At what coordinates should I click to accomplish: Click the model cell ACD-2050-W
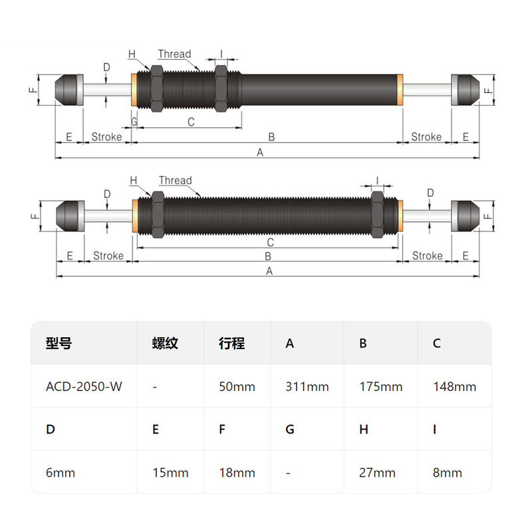coord(84,386)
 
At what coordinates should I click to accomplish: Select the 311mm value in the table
coord(307,386)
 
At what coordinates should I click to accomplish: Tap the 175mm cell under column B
coord(381,386)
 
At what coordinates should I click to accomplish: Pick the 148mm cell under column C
coord(455,386)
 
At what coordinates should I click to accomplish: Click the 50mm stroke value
coord(237,386)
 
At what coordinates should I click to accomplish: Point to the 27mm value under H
coord(377,473)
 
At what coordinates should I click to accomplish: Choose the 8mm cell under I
coord(447,473)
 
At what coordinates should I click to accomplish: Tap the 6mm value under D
coord(61,473)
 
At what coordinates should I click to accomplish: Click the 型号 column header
coord(59,343)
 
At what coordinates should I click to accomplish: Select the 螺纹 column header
coord(165,343)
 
